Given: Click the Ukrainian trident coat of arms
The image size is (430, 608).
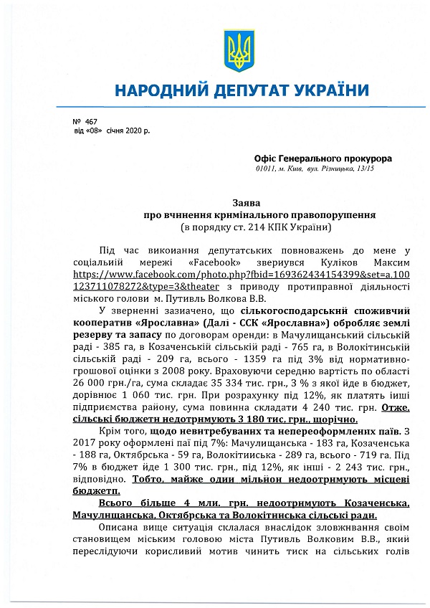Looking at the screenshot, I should click(x=235, y=50).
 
